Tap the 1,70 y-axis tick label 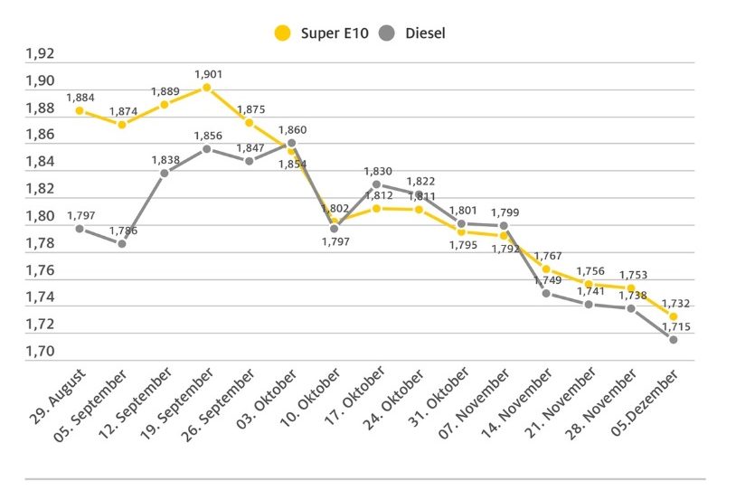(40, 352)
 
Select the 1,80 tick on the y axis (40, 217)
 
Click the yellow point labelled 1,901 (207, 88)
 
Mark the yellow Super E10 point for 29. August (80, 110)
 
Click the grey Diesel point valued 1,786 (122, 243)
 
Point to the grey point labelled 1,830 (376, 184)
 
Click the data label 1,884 (80, 98)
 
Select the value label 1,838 (165, 159)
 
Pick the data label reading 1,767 (547, 256)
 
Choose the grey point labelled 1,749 (545, 293)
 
